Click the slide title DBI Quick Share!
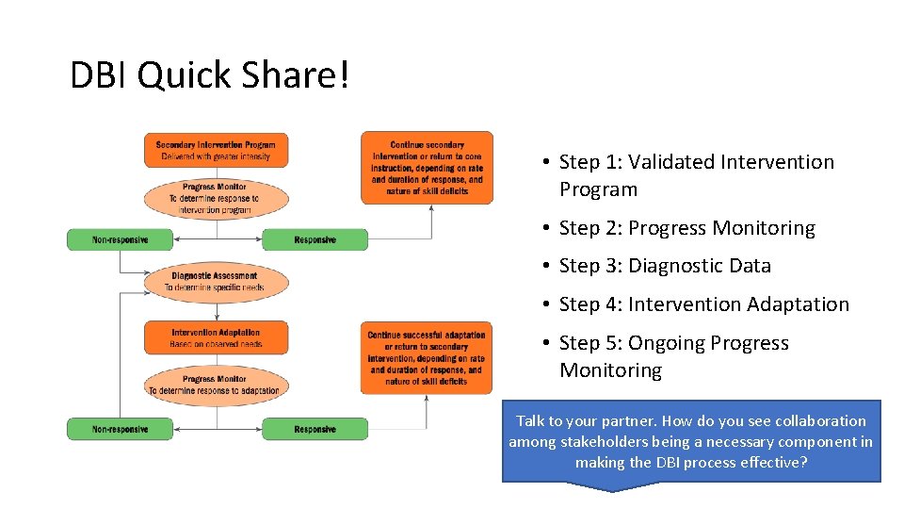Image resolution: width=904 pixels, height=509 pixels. pos(210,75)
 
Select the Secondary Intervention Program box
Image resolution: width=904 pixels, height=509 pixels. pos(216,150)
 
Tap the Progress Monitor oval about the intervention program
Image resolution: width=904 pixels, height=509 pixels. pos(216,198)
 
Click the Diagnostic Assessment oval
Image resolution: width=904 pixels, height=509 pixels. pos(215,281)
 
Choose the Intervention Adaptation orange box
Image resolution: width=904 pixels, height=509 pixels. pos(216,337)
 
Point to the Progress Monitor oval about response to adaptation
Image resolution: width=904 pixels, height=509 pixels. pos(216,385)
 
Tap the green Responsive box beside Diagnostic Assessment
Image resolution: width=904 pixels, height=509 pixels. pos(315,239)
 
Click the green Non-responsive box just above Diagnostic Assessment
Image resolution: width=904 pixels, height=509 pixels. pos(120,239)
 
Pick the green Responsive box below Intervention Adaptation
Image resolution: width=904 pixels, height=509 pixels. pos(315,429)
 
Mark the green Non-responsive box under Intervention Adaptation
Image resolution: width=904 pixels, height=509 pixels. pos(120,429)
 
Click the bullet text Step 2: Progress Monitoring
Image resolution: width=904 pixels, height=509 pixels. pos(686,228)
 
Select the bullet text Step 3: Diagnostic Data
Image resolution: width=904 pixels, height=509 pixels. pos(665,266)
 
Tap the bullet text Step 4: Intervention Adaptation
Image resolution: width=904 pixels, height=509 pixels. pos(703,304)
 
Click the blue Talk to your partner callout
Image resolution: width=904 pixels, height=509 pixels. pos(690,441)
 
